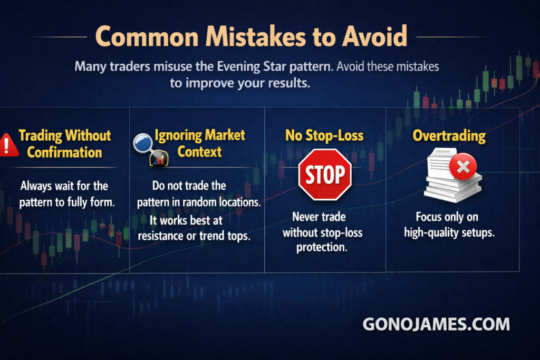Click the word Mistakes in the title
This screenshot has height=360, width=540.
[256, 36]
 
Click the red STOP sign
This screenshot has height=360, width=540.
[325, 174]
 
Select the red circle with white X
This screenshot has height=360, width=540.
[463, 167]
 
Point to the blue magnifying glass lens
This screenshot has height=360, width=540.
[142, 143]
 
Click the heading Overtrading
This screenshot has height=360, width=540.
[449, 136]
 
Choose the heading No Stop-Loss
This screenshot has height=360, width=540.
[324, 135]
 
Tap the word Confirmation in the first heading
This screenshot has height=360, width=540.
[64, 152]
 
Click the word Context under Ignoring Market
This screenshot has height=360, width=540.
[199, 152]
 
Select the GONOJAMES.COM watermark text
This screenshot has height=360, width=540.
[436, 324]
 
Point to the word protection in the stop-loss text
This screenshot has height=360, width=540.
[322, 247]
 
